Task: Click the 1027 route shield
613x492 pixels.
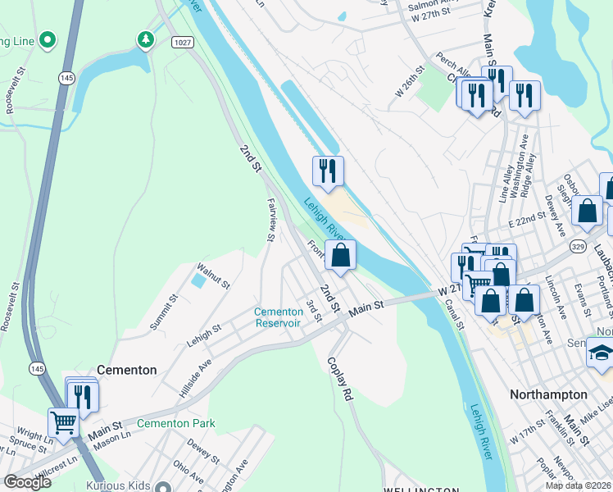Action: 183,41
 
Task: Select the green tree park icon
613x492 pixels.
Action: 145,39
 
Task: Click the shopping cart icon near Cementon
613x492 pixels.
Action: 62,422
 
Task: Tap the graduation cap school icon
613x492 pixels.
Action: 601,353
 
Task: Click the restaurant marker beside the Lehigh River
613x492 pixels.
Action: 328,171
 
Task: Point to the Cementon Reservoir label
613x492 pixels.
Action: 279,317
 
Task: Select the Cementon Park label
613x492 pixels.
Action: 175,423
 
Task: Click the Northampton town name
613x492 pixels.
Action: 548,394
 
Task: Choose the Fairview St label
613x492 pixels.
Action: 270,219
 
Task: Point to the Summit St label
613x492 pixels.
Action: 163,312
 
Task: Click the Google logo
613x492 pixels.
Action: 27,482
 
